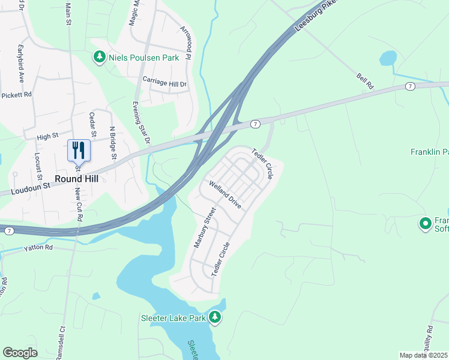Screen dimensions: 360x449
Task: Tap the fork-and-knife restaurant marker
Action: click(79, 149)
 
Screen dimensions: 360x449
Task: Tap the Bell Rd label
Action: click(364, 82)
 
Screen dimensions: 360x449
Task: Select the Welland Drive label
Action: click(225, 195)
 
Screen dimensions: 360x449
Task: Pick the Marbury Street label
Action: click(204, 228)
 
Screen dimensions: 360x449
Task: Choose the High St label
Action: click(46, 137)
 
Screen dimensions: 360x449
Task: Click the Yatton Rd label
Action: click(38, 247)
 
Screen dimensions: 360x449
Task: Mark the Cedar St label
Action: click(92, 124)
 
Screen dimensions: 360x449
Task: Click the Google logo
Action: click(20, 353)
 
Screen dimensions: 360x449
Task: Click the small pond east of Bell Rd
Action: click(388, 58)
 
